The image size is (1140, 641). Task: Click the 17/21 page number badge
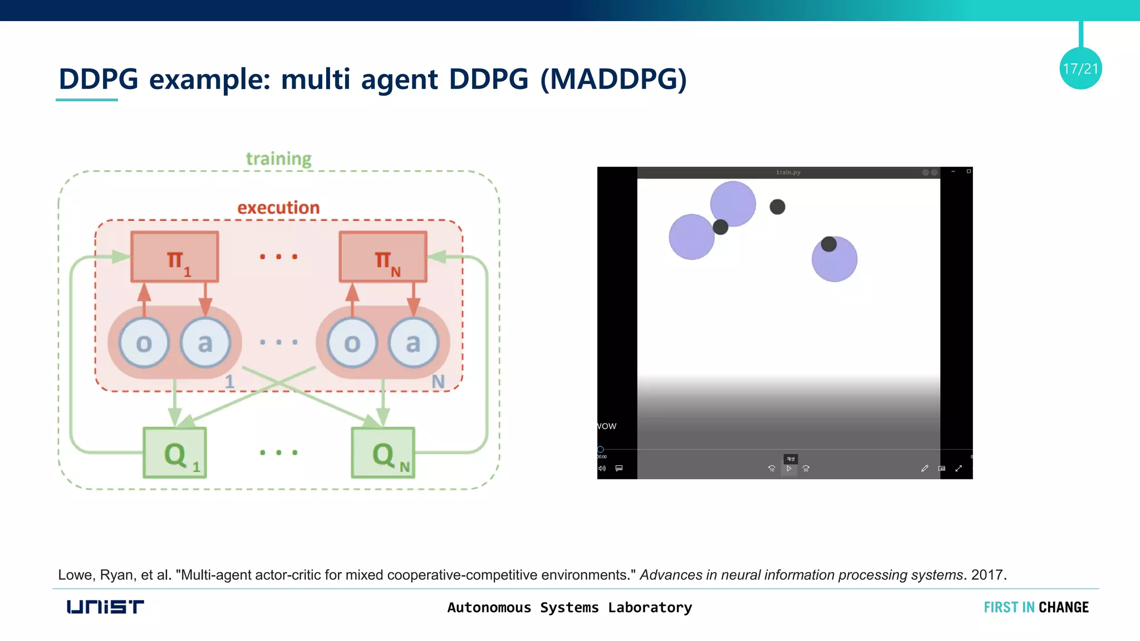coord(1080,68)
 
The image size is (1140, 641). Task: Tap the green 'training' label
coord(278,159)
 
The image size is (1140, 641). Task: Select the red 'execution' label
coord(278,208)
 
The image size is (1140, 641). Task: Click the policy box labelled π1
coord(175,257)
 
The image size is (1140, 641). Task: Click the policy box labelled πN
coord(383,257)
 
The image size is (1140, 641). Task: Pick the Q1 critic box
coord(175,453)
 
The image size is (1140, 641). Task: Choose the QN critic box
coord(383,453)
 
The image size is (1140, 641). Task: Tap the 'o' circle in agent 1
coord(144,343)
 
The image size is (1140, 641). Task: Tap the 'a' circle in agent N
coord(413,343)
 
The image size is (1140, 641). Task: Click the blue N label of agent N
coord(438,382)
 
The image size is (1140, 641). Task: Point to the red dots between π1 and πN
coord(278,257)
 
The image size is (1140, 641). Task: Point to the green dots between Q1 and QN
coord(278,452)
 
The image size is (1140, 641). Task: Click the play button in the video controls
coord(789,469)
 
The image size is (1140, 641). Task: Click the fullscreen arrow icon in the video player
coord(959,469)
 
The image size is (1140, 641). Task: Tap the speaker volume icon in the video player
coord(602,469)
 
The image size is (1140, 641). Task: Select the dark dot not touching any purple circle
coord(777,207)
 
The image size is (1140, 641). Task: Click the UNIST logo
coord(105,607)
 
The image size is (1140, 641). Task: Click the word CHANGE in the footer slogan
coord(1063,607)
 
